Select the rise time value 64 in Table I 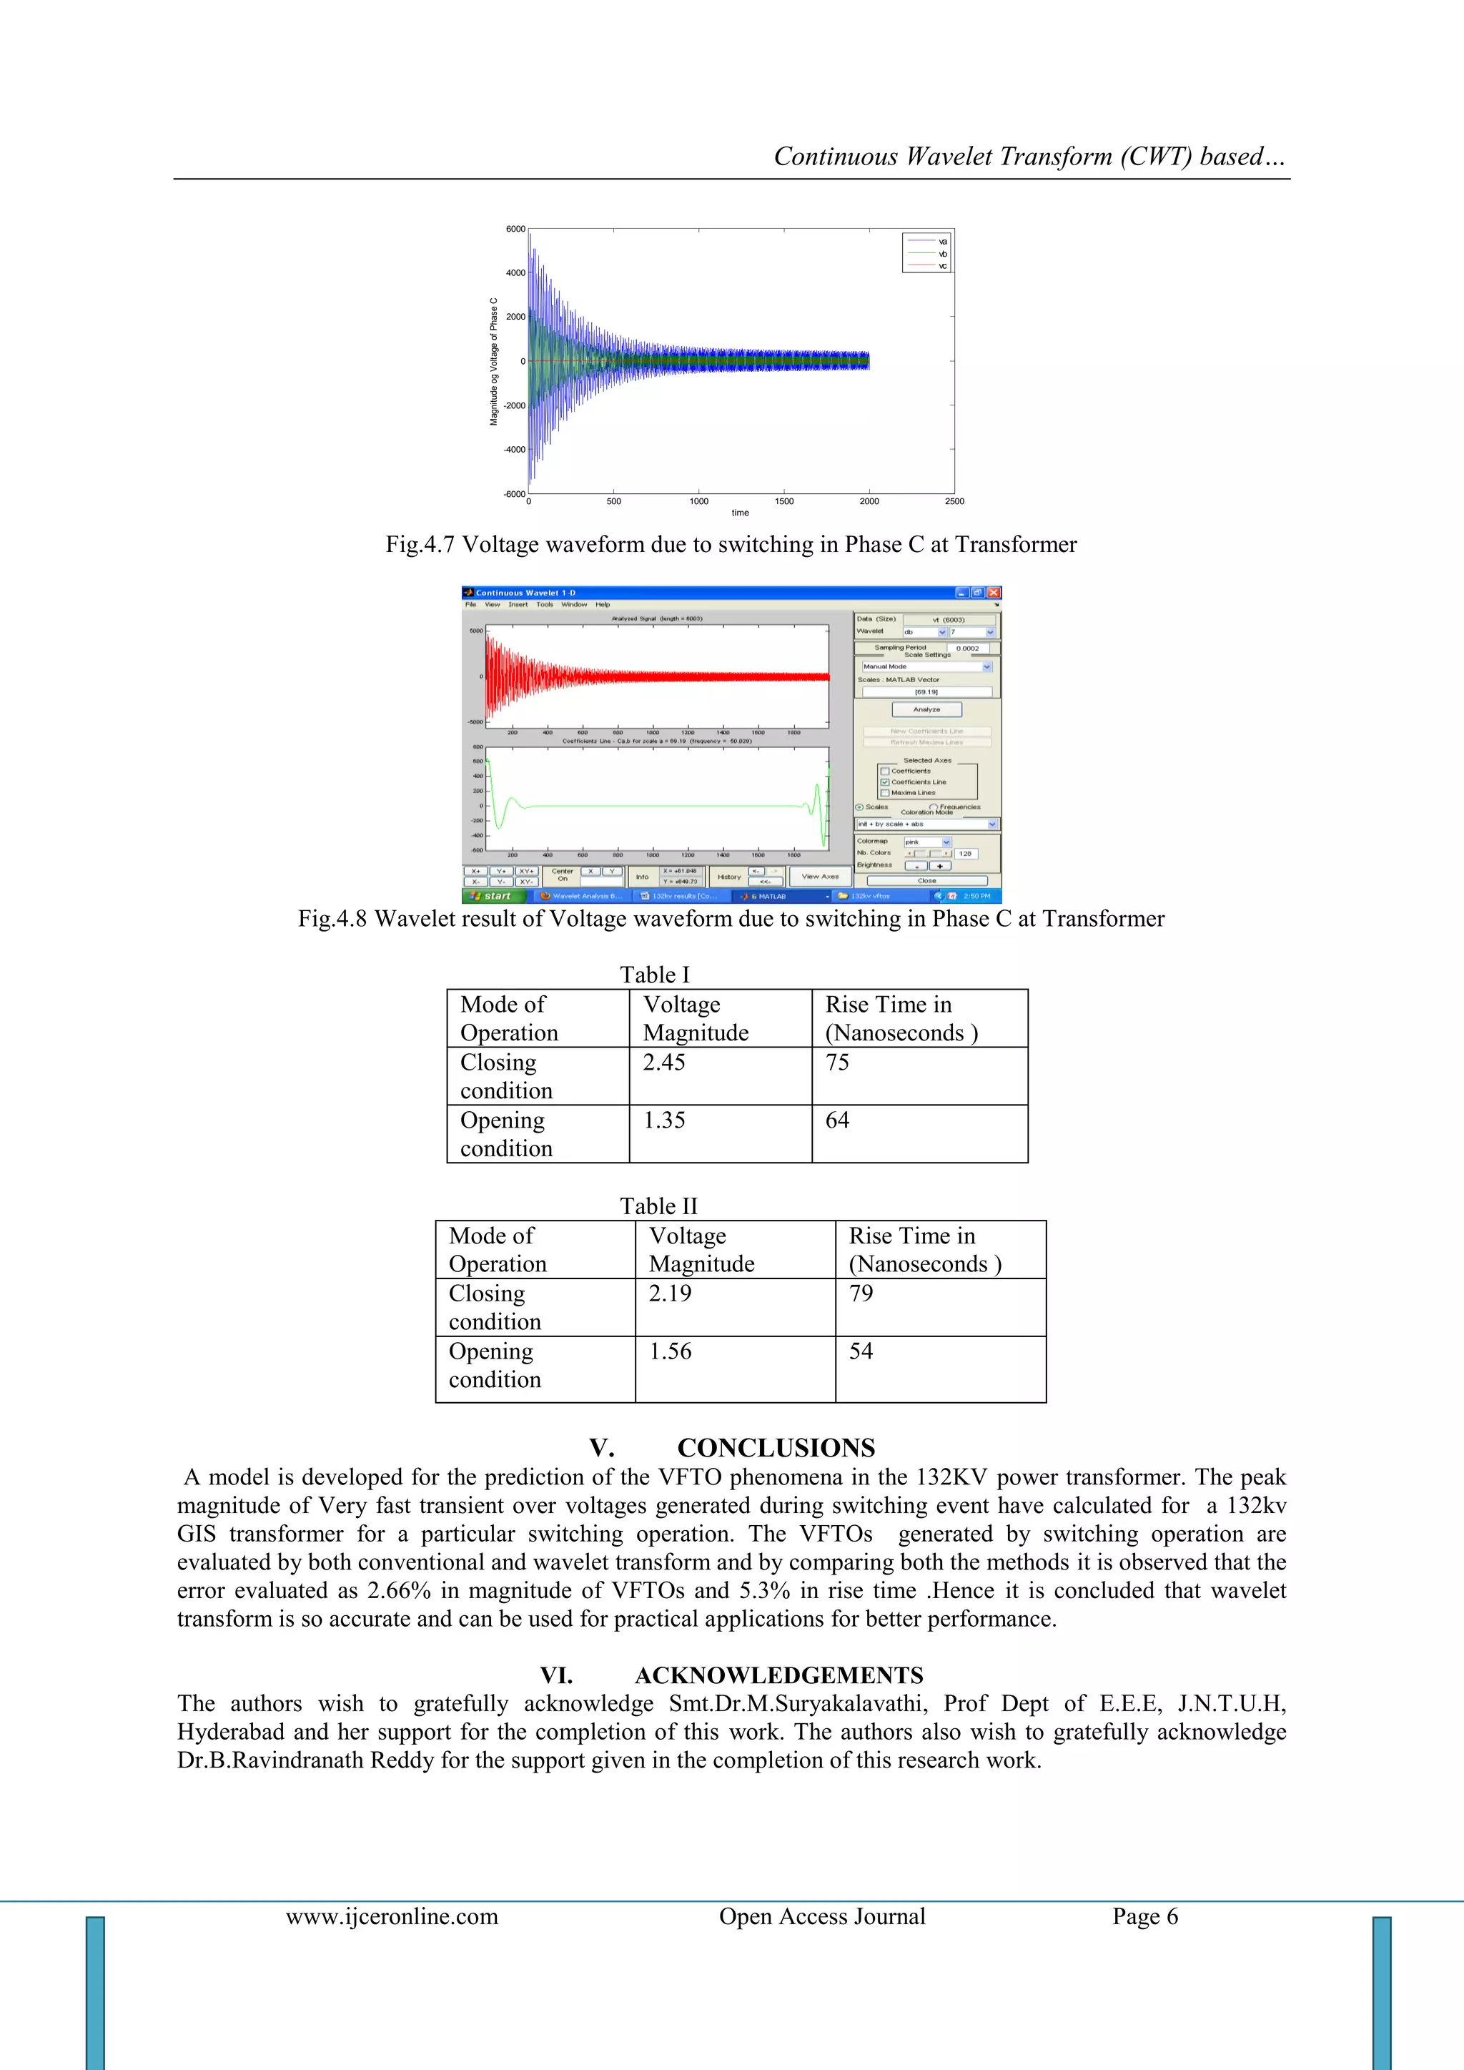(838, 1120)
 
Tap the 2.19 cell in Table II (671, 1293)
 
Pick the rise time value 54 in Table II (861, 1351)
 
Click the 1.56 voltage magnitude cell (671, 1351)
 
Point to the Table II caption (659, 1206)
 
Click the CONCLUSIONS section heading (776, 1448)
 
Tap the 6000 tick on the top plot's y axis (515, 229)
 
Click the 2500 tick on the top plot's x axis (954, 501)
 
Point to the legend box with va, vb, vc (926, 252)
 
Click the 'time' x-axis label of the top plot (740, 513)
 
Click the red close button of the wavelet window (994, 592)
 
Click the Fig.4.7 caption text (731, 545)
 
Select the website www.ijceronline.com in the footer (392, 1917)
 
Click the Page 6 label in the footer (1145, 1917)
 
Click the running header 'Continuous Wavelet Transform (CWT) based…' (1029, 157)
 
